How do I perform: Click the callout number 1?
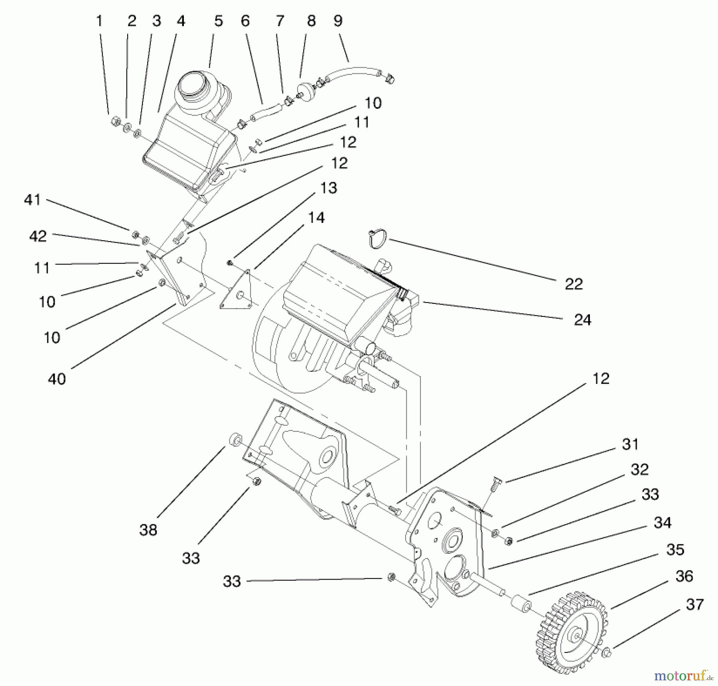[99, 21]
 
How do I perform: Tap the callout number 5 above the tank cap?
[218, 21]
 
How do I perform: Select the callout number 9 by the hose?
[338, 21]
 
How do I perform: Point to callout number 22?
[574, 284]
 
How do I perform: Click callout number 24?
[582, 320]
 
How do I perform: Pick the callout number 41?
[32, 200]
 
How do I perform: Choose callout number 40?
[57, 379]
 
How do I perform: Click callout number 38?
[148, 530]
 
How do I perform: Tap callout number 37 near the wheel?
[694, 604]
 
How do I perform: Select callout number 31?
[630, 444]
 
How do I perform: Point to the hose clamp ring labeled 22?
[377, 238]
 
